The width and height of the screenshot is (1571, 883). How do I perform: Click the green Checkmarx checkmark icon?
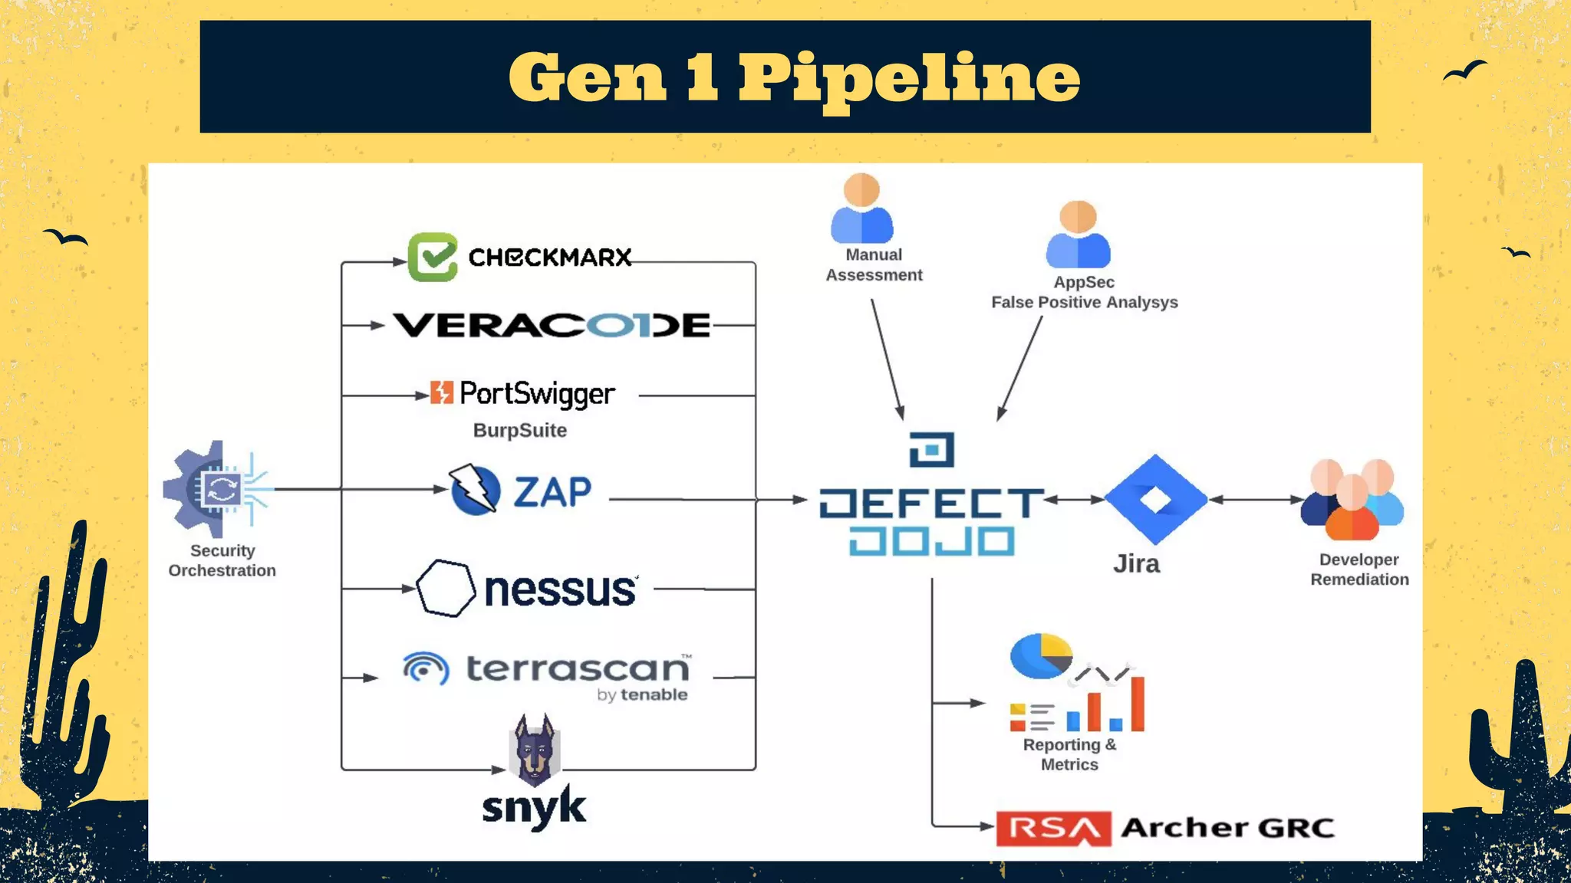tap(433, 258)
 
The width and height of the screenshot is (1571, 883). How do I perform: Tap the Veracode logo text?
tap(552, 326)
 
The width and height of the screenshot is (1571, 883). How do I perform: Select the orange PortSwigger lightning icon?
tap(441, 392)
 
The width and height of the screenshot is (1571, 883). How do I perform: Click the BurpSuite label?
tap(520, 431)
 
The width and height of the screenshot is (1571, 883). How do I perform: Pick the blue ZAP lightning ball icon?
tap(475, 490)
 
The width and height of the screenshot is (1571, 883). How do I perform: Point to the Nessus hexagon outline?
tap(446, 589)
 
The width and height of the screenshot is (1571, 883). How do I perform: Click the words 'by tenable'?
tap(642, 695)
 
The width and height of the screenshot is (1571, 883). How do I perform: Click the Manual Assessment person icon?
tap(862, 208)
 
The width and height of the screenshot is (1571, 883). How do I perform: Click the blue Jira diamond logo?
tap(1155, 500)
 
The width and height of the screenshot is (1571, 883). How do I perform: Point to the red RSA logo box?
tap(1053, 829)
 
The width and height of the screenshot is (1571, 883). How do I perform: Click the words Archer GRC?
tap(1227, 829)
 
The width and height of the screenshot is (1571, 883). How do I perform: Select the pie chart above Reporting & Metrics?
tap(1041, 656)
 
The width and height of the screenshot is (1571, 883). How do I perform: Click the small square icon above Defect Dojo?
tap(932, 450)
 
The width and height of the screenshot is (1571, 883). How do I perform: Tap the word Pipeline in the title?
tap(909, 78)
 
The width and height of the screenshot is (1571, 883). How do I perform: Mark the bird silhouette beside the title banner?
tap(1464, 71)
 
